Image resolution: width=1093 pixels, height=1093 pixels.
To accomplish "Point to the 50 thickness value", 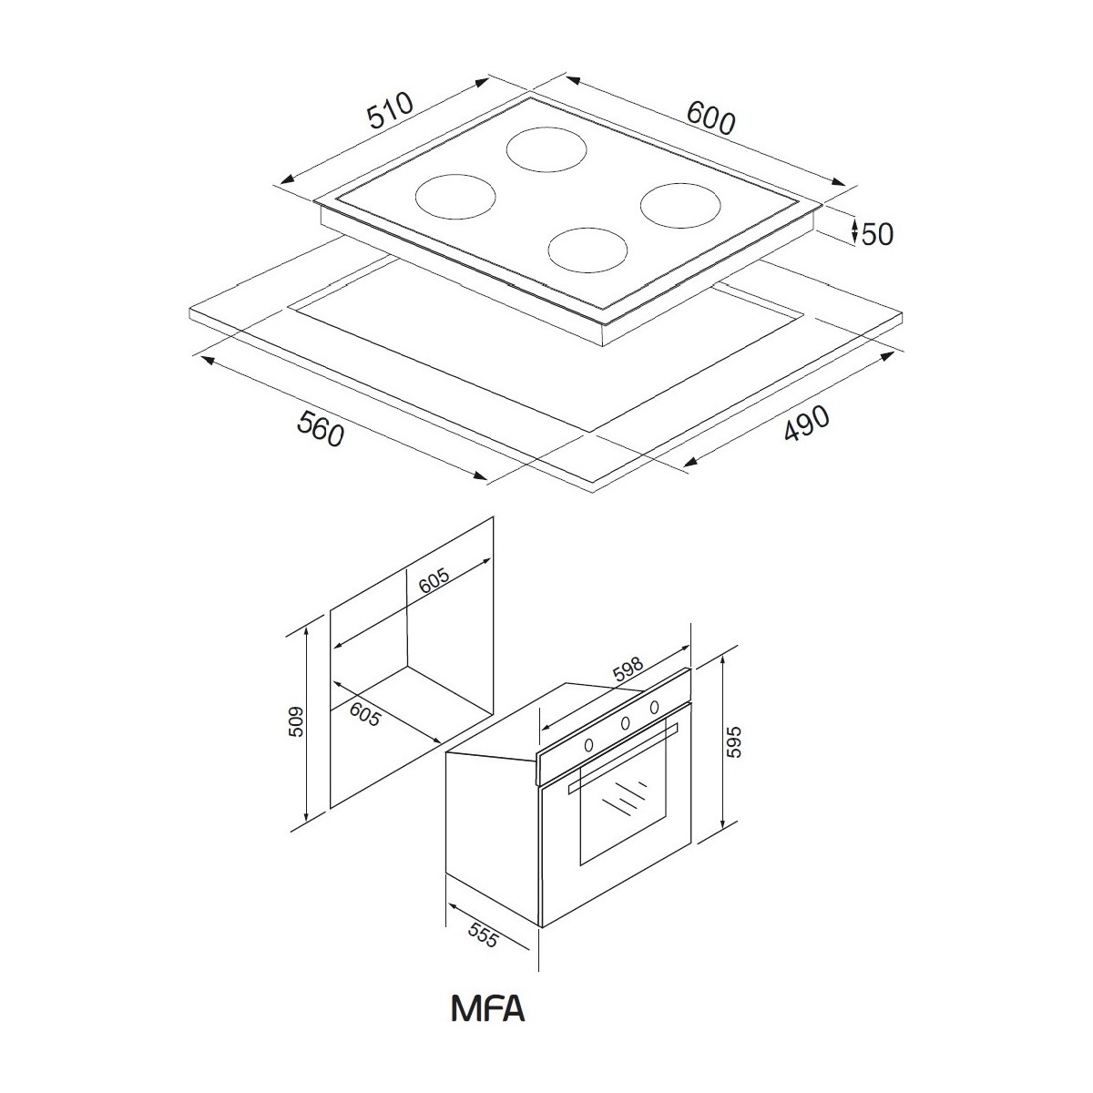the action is tap(877, 234).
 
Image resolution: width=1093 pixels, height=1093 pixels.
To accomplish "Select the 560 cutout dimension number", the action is tap(322, 428).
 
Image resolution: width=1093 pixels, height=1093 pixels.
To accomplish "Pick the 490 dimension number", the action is tap(807, 423).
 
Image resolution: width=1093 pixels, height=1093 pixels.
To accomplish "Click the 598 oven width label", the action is tap(628, 669).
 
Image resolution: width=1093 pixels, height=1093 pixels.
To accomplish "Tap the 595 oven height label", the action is tap(734, 741).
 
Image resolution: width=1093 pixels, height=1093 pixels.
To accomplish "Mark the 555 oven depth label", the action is tap(484, 935).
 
